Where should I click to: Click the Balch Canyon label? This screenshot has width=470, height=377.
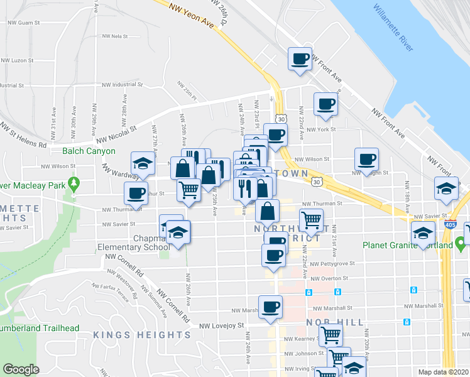click(x=89, y=151)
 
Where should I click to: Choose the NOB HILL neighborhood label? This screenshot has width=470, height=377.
click(x=335, y=322)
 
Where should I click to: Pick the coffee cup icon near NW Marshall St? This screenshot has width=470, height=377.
click(x=271, y=307)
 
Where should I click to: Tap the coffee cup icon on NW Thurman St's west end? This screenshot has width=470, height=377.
click(x=136, y=194)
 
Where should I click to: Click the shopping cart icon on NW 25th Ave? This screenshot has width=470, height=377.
click(x=189, y=188)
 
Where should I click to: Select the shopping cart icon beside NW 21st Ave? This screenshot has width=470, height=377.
click(x=311, y=220)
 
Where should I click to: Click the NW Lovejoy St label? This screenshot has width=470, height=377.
click(x=221, y=325)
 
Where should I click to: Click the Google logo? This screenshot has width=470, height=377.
click(x=21, y=369)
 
